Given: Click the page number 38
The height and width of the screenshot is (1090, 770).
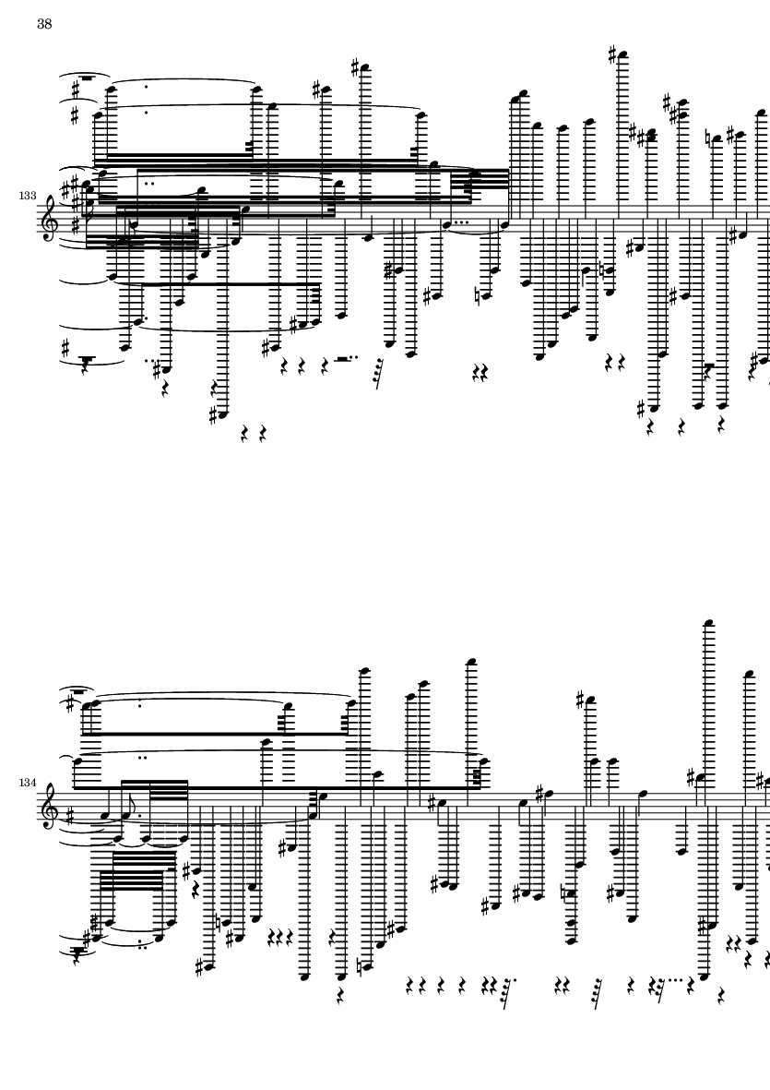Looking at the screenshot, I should [x=44, y=25].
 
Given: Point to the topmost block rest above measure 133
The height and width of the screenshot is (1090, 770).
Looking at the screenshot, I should [x=86, y=78].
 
